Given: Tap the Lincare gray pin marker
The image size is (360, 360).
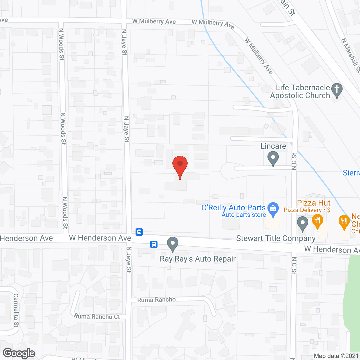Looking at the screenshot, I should [x=273, y=158].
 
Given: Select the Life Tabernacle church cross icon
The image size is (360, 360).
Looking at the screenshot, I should [x=337, y=90].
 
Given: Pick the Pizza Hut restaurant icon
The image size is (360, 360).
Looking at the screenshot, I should [x=317, y=221].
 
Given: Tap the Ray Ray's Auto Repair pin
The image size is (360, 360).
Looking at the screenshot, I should [x=173, y=244].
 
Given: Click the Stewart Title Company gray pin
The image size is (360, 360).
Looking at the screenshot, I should [x=302, y=223].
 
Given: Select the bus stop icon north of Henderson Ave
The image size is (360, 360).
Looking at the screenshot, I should [x=139, y=232].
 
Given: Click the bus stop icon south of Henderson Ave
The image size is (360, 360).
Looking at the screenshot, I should [x=154, y=244].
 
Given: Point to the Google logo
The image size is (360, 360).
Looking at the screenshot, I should [x=19, y=353].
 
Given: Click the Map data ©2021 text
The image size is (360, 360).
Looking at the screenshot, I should [x=336, y=356].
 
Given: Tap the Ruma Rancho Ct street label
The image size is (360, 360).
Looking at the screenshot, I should [x=97, y=316].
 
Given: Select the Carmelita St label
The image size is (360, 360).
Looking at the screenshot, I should [x=16, y=310].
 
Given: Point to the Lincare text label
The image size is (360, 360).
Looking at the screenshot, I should [x=273, y=146].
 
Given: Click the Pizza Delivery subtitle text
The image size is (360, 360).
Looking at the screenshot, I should [x=303, y=210].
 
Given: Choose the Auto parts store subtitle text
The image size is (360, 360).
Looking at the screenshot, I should [x=244, y=215].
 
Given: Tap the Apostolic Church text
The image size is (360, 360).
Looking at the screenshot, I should [x=300, y=96].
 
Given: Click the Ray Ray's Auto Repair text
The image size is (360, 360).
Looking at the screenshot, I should [x=198, y=259].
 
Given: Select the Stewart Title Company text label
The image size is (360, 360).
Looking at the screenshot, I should [x=276, y=238].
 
